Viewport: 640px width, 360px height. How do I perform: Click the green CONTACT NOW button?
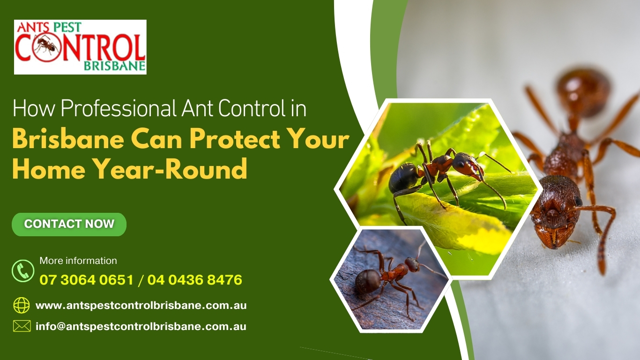click(69, 225)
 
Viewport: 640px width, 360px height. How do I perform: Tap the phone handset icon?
click(23, 271)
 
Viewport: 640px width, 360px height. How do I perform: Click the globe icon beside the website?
click(22, 305)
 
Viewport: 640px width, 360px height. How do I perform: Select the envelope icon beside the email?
click(22, 326)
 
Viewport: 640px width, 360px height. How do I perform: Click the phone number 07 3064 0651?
click(87, 280)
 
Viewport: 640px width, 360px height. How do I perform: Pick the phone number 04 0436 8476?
click(195, 280)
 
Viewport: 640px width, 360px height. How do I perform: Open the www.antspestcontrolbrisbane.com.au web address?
click(141, 306)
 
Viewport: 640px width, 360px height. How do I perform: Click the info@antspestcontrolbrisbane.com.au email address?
click(141, 327)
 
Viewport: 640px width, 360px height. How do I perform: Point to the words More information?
click(78, 261)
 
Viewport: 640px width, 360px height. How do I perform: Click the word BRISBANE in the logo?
click(114, 66)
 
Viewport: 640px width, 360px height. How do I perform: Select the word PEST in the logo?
click(67, 27)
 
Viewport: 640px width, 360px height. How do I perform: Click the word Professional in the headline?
click(118, 108)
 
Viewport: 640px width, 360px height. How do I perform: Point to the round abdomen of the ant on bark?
click(368, 281)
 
